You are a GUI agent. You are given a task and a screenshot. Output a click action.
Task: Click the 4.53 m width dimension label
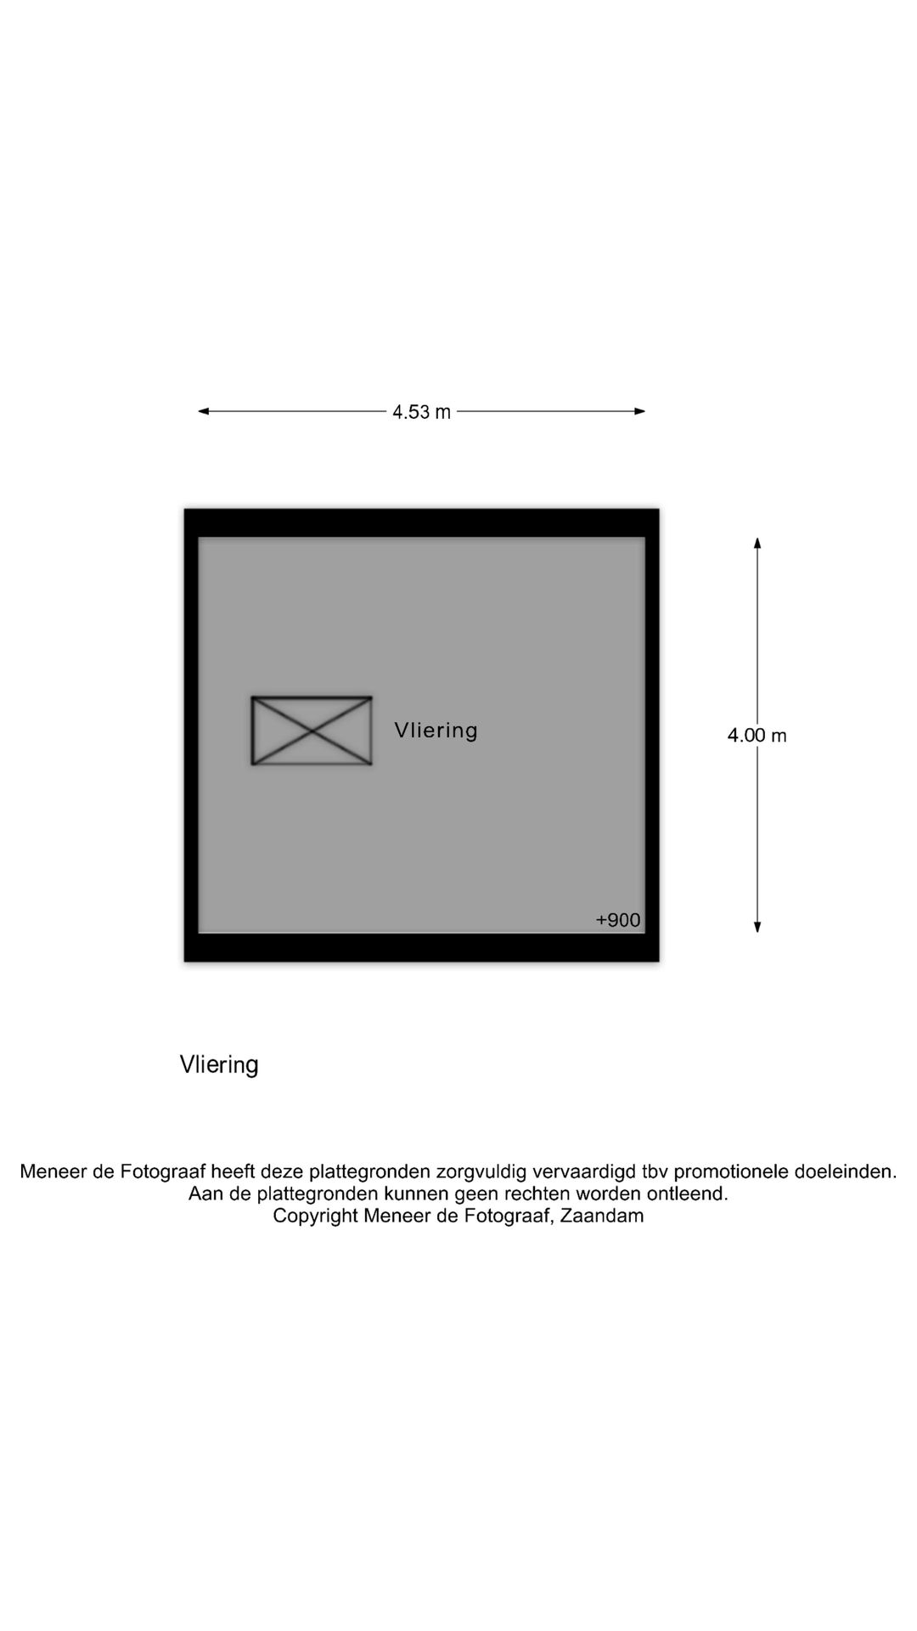(421, 412)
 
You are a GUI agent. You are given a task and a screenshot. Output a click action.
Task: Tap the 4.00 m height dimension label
(757, 736)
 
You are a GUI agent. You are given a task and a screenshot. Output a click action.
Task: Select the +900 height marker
(618, 920)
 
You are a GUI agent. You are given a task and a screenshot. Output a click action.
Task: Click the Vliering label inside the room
(436, 731)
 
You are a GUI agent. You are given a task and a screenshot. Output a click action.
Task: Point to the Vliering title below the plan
(219, 1065)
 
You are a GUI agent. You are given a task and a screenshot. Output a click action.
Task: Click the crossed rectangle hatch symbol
(312, 731)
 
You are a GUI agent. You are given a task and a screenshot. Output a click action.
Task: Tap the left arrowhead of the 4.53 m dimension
(204, 411)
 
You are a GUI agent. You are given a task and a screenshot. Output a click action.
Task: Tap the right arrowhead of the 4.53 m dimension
(640, 411)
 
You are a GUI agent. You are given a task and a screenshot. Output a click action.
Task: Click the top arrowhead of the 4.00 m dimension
(757, 543)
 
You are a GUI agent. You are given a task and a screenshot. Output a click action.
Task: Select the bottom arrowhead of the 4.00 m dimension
(757, 927)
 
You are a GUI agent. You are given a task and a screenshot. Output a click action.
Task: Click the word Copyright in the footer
(315, 1216)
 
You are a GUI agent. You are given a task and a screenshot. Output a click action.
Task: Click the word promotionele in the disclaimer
(730, 1171)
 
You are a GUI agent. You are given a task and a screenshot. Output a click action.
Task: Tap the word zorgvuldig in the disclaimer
(481, 1172)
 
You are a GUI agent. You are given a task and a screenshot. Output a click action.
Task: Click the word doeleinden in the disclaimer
(845, 1171)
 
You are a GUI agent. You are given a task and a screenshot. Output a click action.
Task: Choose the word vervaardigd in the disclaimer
(584, 1172)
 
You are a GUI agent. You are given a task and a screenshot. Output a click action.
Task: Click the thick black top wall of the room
(422, 522)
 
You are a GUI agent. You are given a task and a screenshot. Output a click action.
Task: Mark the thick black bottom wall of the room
(422, 948)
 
